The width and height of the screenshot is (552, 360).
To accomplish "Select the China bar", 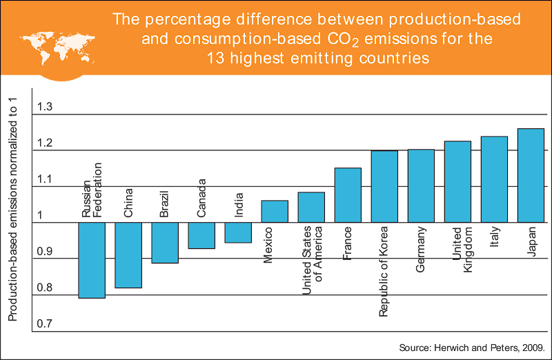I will pos(128,254).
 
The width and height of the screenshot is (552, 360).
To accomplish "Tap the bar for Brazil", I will pos(165,242).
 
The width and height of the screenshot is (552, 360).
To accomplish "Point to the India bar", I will pos(238,232).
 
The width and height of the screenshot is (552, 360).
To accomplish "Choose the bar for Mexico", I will pos(275,211).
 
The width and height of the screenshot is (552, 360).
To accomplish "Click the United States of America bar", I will pos(311,207).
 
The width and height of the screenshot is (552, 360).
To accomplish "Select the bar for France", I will pos(348,194).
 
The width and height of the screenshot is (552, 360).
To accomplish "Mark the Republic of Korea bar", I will pos(384,186).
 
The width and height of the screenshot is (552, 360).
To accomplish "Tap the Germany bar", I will pos(421,186).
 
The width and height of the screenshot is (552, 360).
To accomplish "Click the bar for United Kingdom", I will pos(457,181).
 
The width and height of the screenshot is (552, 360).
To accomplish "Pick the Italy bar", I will pos(494,179).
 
